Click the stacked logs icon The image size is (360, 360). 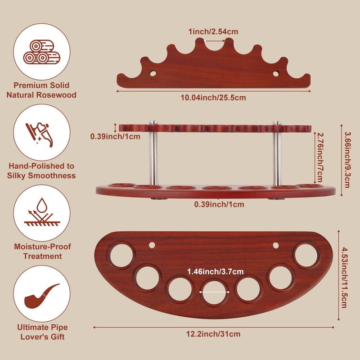(x=41, y=52)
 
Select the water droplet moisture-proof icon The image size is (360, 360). (x=41, y=212)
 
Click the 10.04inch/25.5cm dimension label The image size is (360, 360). (x=213, y=98)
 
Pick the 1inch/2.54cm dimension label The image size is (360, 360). (x=213, y=31)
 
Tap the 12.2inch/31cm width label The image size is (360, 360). (x=213, y=334)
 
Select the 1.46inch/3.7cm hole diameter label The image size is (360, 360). (x=216, y=272)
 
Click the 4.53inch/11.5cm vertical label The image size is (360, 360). (x=344, y=277)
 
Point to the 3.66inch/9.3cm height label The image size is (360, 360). (x=347, y=160)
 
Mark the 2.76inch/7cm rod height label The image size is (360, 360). (x=319, y=157)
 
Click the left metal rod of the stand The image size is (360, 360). (x=153, y=153)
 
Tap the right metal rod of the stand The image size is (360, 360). (x=277, y=153)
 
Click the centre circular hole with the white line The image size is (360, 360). (x=215, y=292)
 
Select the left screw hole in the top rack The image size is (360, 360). (x=153, y=74)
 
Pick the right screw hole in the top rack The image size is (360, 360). (x=276, y=74)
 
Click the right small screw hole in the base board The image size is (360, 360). (x=276, y=245)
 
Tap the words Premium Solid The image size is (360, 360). (x=41, y=85)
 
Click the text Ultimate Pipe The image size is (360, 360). (x=42, y=327)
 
